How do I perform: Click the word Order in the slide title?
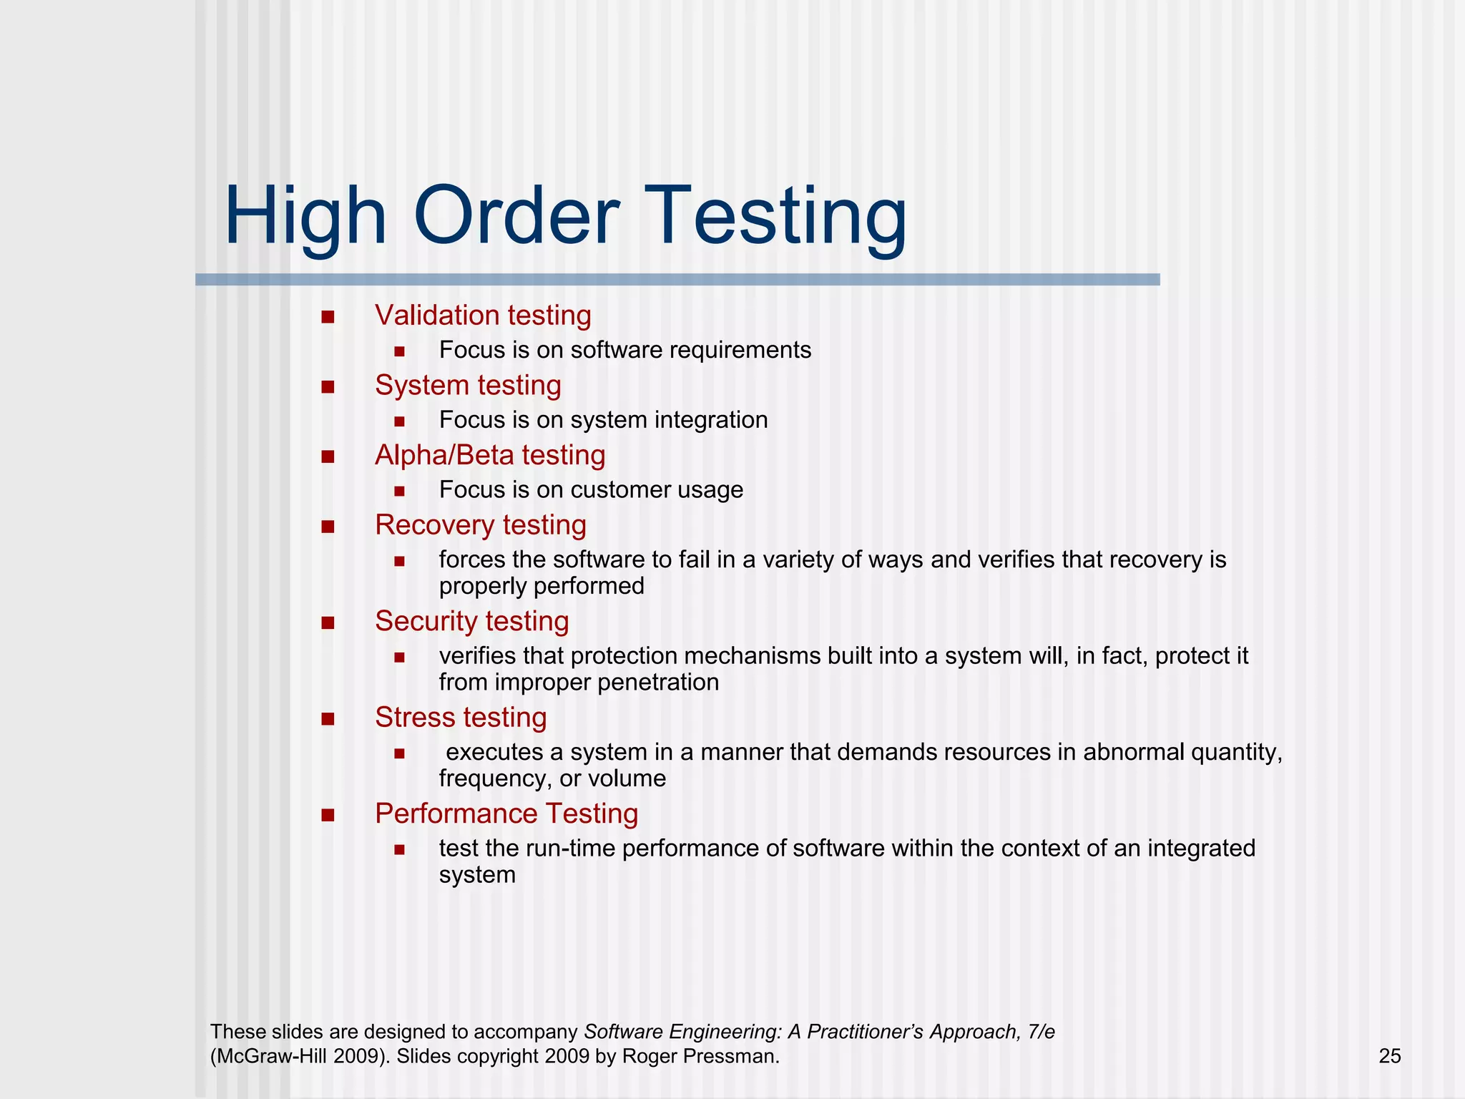(x=516, y=216)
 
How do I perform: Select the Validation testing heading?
(x=483, y=316)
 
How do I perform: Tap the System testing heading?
(x=468, y=386)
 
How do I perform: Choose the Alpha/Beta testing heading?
(x=490, y=455)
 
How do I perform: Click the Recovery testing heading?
(x=480, y=525)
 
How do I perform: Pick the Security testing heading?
(x=471, y=621)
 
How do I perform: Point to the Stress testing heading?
(x=461, y=718)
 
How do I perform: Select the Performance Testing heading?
(x=506, y=814)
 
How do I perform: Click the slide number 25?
(x=1389, y=1056)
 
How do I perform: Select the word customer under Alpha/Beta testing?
(x=620, y=490)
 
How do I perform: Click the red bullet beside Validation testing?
(x=328, y=317)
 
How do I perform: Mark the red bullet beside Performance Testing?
(x=328, y=815)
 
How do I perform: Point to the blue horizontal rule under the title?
(x=677, y=280)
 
